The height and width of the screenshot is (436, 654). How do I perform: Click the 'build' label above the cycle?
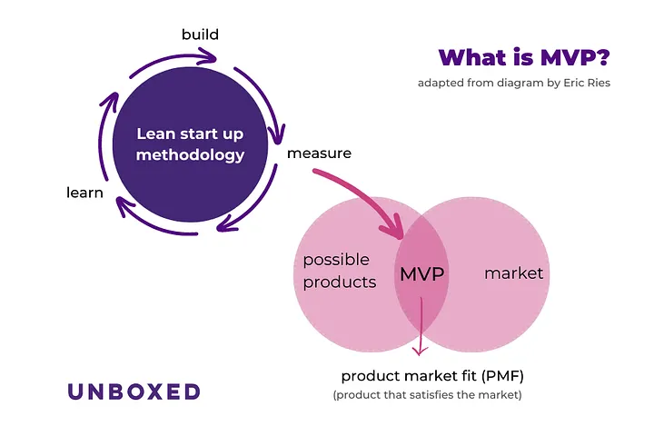coord(200,35)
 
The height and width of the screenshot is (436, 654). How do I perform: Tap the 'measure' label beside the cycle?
coord(319,153)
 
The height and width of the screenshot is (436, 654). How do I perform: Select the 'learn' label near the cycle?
coord(84,193)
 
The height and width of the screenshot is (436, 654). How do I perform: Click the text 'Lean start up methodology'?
coord(190,144)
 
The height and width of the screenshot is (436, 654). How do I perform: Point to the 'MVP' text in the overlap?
coord(422,273)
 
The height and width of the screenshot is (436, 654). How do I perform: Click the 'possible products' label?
coord(339,271)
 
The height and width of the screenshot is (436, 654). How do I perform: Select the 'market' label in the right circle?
coord(513,272)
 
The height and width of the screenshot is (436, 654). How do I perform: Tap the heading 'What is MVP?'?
coord(524,57)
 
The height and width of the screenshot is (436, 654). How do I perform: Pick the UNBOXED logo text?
coord(134,391)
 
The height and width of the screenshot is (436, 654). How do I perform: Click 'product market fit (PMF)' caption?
coord(433,376)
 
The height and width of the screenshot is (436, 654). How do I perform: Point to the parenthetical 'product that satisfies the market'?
coord(427,395)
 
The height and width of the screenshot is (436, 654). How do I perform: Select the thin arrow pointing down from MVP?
coord(421,332)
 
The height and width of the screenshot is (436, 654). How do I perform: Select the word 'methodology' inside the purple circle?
coord(190,155)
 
